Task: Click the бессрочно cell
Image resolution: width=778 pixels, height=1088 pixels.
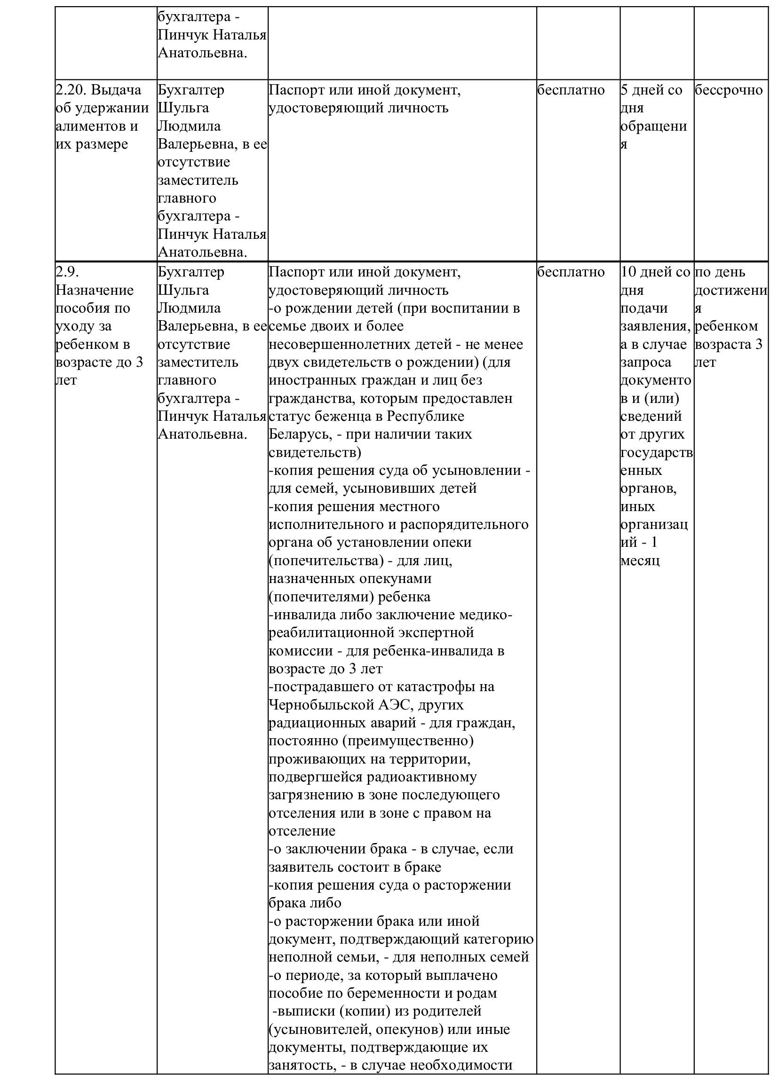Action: (x=728, y=90)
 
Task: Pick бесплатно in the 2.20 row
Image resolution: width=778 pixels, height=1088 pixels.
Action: (x=571, y=90)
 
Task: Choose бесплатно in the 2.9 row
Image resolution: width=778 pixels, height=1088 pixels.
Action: (x=571, y=272)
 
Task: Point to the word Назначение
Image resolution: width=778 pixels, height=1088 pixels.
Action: (x=95, y=290)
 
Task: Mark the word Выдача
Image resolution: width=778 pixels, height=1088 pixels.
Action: (x=116, y=90)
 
